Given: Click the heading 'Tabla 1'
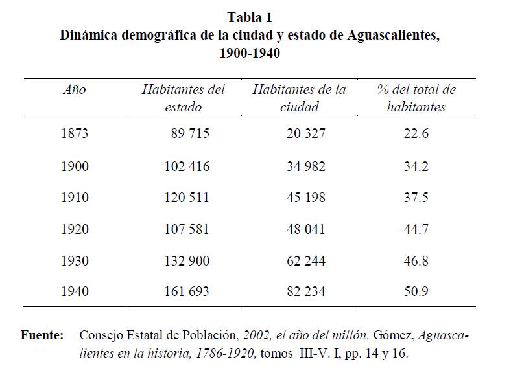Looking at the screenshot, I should tap(250, 17).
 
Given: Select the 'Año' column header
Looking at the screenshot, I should tap(74, 90).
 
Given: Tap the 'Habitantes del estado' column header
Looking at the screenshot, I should tap(184, 98).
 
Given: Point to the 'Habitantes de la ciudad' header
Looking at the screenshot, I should tap(299, 98).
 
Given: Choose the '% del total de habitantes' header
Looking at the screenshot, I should tap(416, 98).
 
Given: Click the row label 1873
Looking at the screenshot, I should tap(75, 134).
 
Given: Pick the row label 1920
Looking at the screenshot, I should tap(75, 229).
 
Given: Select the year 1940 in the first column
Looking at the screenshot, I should tap(75, 292).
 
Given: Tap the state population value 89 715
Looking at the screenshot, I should tap(190, 134).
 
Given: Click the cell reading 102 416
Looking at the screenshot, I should tap(187, 166).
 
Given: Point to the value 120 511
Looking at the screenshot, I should tap(187, 198).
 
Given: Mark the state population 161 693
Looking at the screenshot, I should tap(187, 292).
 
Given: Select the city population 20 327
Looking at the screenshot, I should tap(305, 134).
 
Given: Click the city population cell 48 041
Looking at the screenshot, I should tap(305, 229).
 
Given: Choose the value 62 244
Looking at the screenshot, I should tap(305, 261).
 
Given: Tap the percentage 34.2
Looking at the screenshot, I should tap(416, 166).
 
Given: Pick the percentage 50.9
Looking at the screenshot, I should tap(416, 292).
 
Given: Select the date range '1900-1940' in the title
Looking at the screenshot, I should tap(250, 53).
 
